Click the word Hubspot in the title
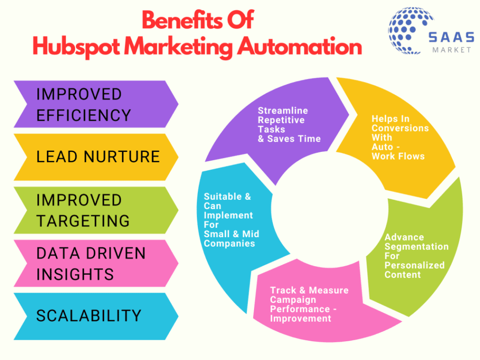point(76,47)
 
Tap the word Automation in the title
point(300,46)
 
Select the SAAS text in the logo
point(451,37)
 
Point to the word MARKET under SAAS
point(451,50)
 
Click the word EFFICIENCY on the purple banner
point(83,115)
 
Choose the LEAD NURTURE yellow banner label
point(98,157)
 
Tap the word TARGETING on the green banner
point(83,221)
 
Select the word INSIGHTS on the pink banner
point(75,274)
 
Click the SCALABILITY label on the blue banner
point(89,315)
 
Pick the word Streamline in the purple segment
point(283,111)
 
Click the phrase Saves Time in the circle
point(294,139)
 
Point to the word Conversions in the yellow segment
point(400,128)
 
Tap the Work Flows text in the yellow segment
point(398,156)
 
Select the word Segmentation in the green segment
point(416,247)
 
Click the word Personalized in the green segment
point(414,265)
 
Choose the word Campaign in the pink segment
point(293,300)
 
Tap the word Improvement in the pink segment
point(300,318)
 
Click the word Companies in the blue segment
point(229,243)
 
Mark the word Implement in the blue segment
point(228,216)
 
